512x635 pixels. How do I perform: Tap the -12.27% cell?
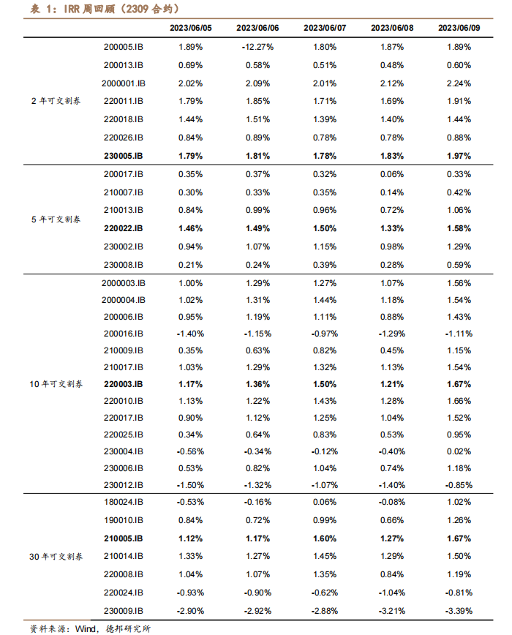pyautogui.click(x=257, y=47)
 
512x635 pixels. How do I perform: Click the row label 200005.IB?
pyautogui.click(x=124, y=47)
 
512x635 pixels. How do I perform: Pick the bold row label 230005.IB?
pyautogui.click(x=124, y=156)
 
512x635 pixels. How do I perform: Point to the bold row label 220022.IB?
pyautogui.click(x=124, y=228)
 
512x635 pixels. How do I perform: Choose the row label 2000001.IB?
pyautogui.click(x=124, y=83)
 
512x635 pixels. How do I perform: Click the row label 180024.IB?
pyautogui.click(x=124, y=502)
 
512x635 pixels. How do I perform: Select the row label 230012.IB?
pyautogui.click(x=124, y=484)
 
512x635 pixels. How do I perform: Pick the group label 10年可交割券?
pyautogui.click(x=56, y=383)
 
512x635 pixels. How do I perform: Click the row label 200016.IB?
pyautogui.click(x=124, y=333)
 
